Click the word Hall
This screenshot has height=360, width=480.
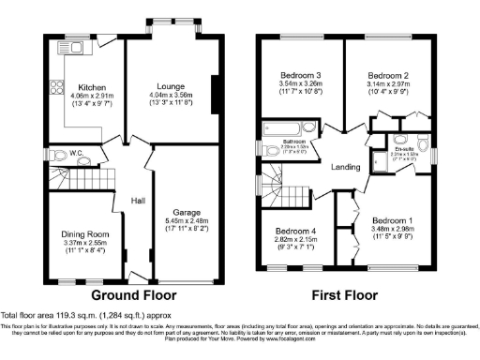[x=136, y=199]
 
